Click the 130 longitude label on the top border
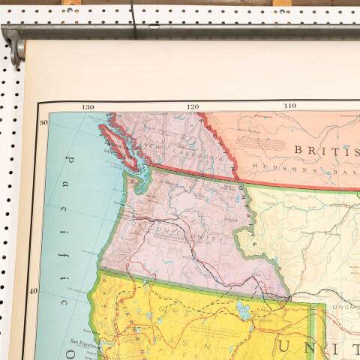88,107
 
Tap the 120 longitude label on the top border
193,107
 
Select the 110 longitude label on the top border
289,106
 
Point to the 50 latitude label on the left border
43,122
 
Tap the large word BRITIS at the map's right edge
325,150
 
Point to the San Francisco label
83,342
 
